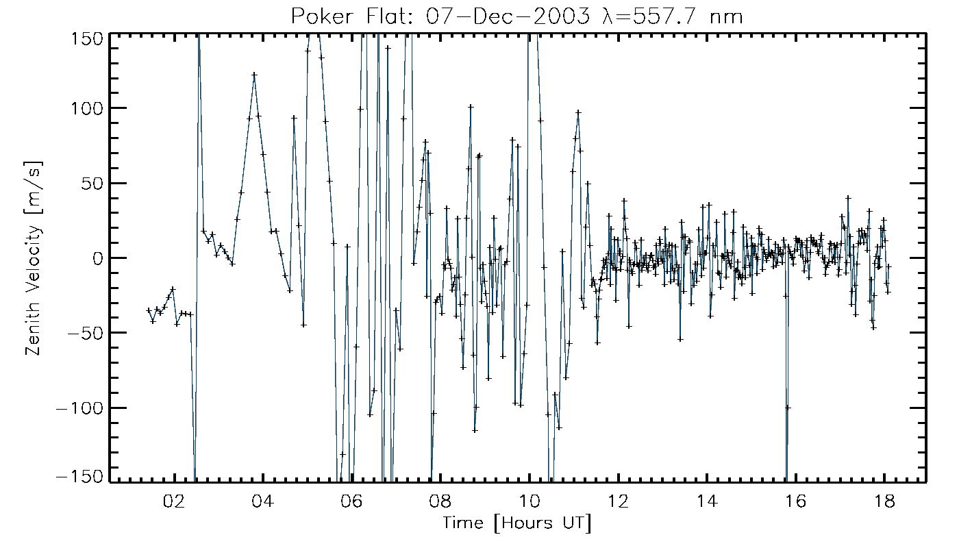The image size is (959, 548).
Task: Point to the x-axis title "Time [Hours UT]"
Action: (516, 523)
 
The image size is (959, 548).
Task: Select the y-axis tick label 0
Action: (96, 258)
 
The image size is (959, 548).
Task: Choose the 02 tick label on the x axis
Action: (174, 501)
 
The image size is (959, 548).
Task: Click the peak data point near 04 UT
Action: (254, 75)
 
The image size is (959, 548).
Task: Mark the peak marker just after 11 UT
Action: (578, 112)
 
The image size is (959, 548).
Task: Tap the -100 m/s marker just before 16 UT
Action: (788, 408)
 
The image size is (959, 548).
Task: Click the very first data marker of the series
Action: (148, 310)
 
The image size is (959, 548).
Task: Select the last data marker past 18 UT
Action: (889, 266)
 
